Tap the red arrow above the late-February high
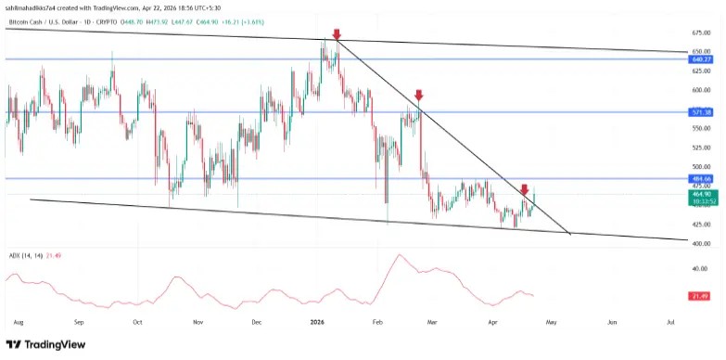[419, 95]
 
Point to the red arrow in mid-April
[524, 189]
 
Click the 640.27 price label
[701, 58]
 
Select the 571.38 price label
[701, 112]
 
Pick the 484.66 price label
[701, 178]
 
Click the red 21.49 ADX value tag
[701, 295]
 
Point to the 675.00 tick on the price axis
[701, 32]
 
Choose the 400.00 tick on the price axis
[701, 243]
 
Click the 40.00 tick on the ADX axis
[700, 269]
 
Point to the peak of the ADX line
[400, 255]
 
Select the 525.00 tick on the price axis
[701, 148]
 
